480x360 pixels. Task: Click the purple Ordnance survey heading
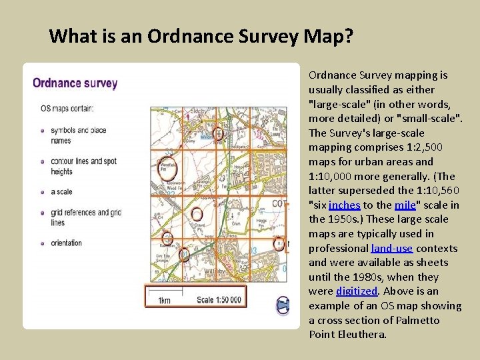[x=75, y=84]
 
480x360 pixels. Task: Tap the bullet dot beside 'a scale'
[x=42, y=192]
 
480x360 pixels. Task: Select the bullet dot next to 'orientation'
[x=42, y=243]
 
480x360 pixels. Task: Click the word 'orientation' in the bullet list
[x=66, y=243]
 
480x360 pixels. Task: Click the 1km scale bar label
[x=164, y=301]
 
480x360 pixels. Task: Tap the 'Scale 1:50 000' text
[x=219, y=300]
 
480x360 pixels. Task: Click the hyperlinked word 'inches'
[x=345, y=205]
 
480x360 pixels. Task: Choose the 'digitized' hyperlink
[x=356, y=291]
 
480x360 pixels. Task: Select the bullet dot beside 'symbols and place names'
[x=42, y=130]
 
